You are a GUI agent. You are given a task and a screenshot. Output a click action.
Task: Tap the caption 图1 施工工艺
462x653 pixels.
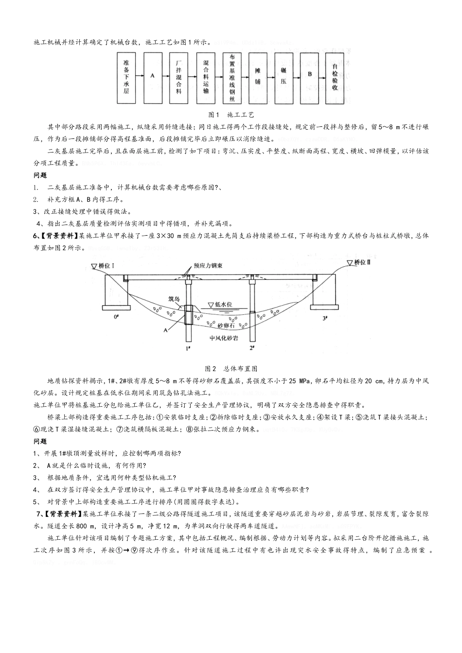(x=231, y=115)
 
